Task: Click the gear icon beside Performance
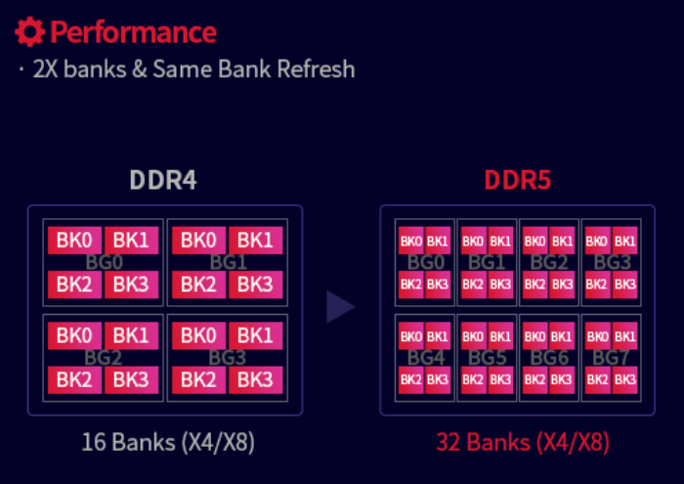[x=30, y=32]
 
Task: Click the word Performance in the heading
[x=133, y=32]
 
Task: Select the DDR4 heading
[x=164, y=182]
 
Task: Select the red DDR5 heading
[x=517, y=182]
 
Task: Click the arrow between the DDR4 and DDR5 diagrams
[x=339, y=306]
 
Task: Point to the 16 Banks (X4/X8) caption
[x=168, y=442]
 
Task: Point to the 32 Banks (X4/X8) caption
[x=523, y=442]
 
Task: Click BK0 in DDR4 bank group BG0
[x=74, y=240]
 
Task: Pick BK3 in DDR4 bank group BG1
[x=255, y=285]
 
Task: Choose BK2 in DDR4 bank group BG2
[x=74, y=379]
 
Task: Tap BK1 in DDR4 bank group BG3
[x=255, y=335]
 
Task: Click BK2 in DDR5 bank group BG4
[x=410, y=379]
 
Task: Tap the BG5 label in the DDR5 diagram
[x=486, y=358]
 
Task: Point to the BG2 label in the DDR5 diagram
[x=548, y=263]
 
